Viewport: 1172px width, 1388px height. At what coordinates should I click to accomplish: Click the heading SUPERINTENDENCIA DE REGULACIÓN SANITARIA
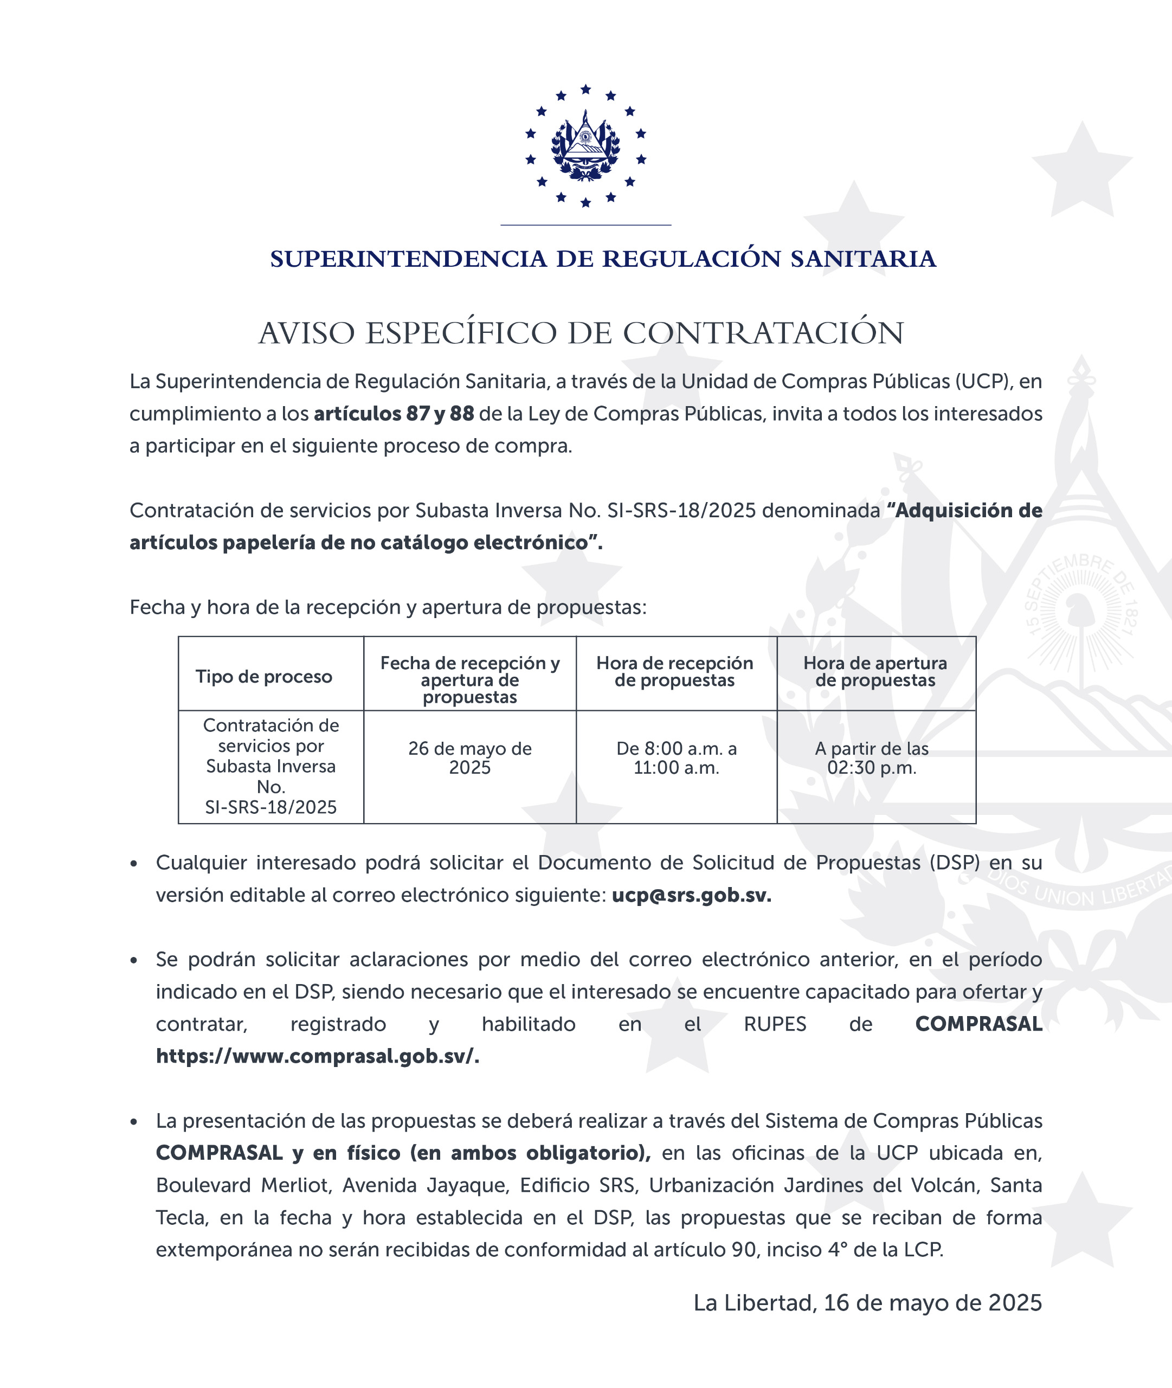(603, 259)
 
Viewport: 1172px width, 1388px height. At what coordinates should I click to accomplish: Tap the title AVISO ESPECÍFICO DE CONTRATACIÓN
(581, 333)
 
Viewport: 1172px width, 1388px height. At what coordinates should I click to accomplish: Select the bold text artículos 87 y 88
(394, 413)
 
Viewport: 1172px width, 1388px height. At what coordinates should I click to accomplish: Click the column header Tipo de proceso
(264, 677)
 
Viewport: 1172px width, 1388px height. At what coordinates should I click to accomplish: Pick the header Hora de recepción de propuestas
(674, 671)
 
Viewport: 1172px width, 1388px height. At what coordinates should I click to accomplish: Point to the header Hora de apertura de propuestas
(875, 671)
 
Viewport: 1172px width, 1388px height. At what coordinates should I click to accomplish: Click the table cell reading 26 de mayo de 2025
(470, 757)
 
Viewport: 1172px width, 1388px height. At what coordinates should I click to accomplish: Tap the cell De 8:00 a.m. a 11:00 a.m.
(677, 757)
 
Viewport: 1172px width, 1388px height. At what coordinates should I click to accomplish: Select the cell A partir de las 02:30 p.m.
(872, 757)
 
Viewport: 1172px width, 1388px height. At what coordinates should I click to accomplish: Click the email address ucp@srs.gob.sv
(691, 895)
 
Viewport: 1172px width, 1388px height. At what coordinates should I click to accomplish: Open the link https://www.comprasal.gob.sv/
(318, 1056)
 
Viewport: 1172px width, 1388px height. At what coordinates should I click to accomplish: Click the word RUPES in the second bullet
(775, 1024)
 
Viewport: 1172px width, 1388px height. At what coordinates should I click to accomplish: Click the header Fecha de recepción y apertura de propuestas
(470, 680)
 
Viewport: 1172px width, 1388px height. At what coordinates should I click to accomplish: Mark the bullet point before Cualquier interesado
(134, 864)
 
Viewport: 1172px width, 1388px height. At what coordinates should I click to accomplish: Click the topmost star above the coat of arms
(585, 89)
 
